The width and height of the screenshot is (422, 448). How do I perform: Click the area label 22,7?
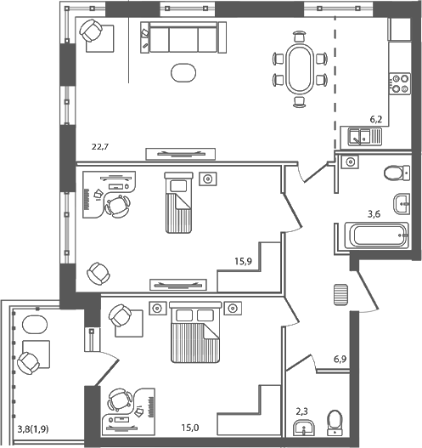101,147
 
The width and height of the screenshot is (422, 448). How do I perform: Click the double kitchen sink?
363,135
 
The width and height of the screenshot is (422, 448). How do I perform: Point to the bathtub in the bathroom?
374,234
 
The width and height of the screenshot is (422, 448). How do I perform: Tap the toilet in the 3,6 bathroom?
396,173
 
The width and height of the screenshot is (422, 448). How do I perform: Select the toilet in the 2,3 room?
335,421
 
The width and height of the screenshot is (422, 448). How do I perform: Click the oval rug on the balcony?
35,326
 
